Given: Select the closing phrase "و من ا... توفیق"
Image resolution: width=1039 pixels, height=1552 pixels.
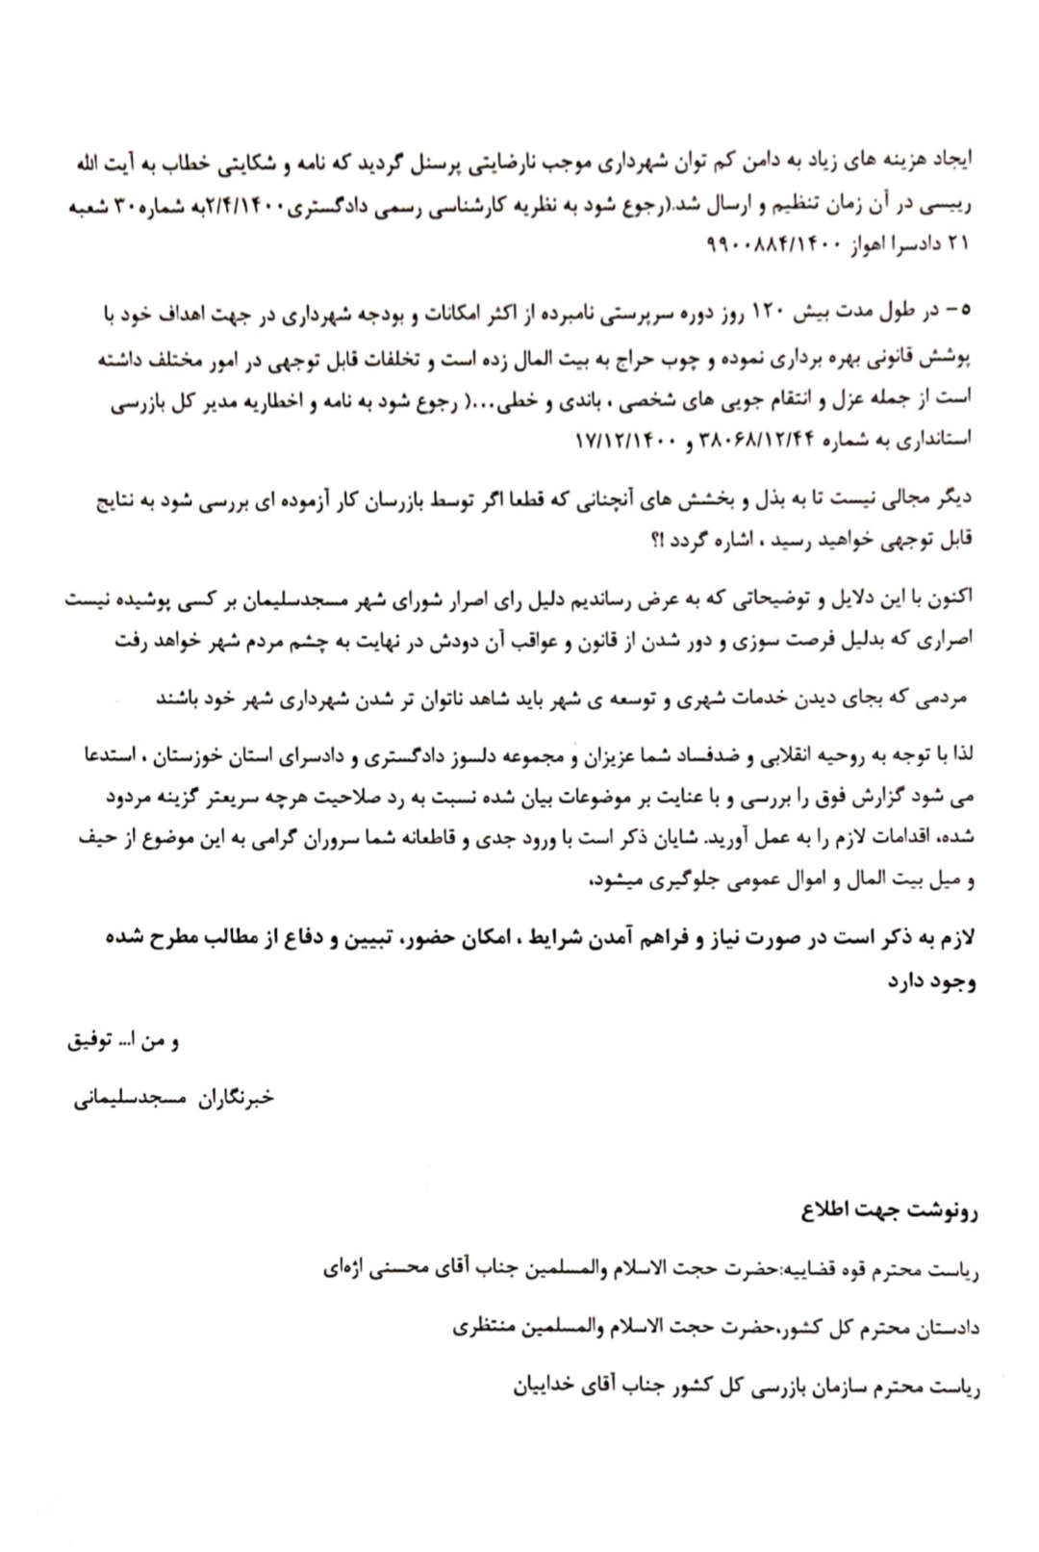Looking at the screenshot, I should coord(122,1041).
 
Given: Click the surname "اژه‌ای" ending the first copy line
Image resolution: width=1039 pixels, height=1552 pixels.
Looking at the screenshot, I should coord(343,1269).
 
